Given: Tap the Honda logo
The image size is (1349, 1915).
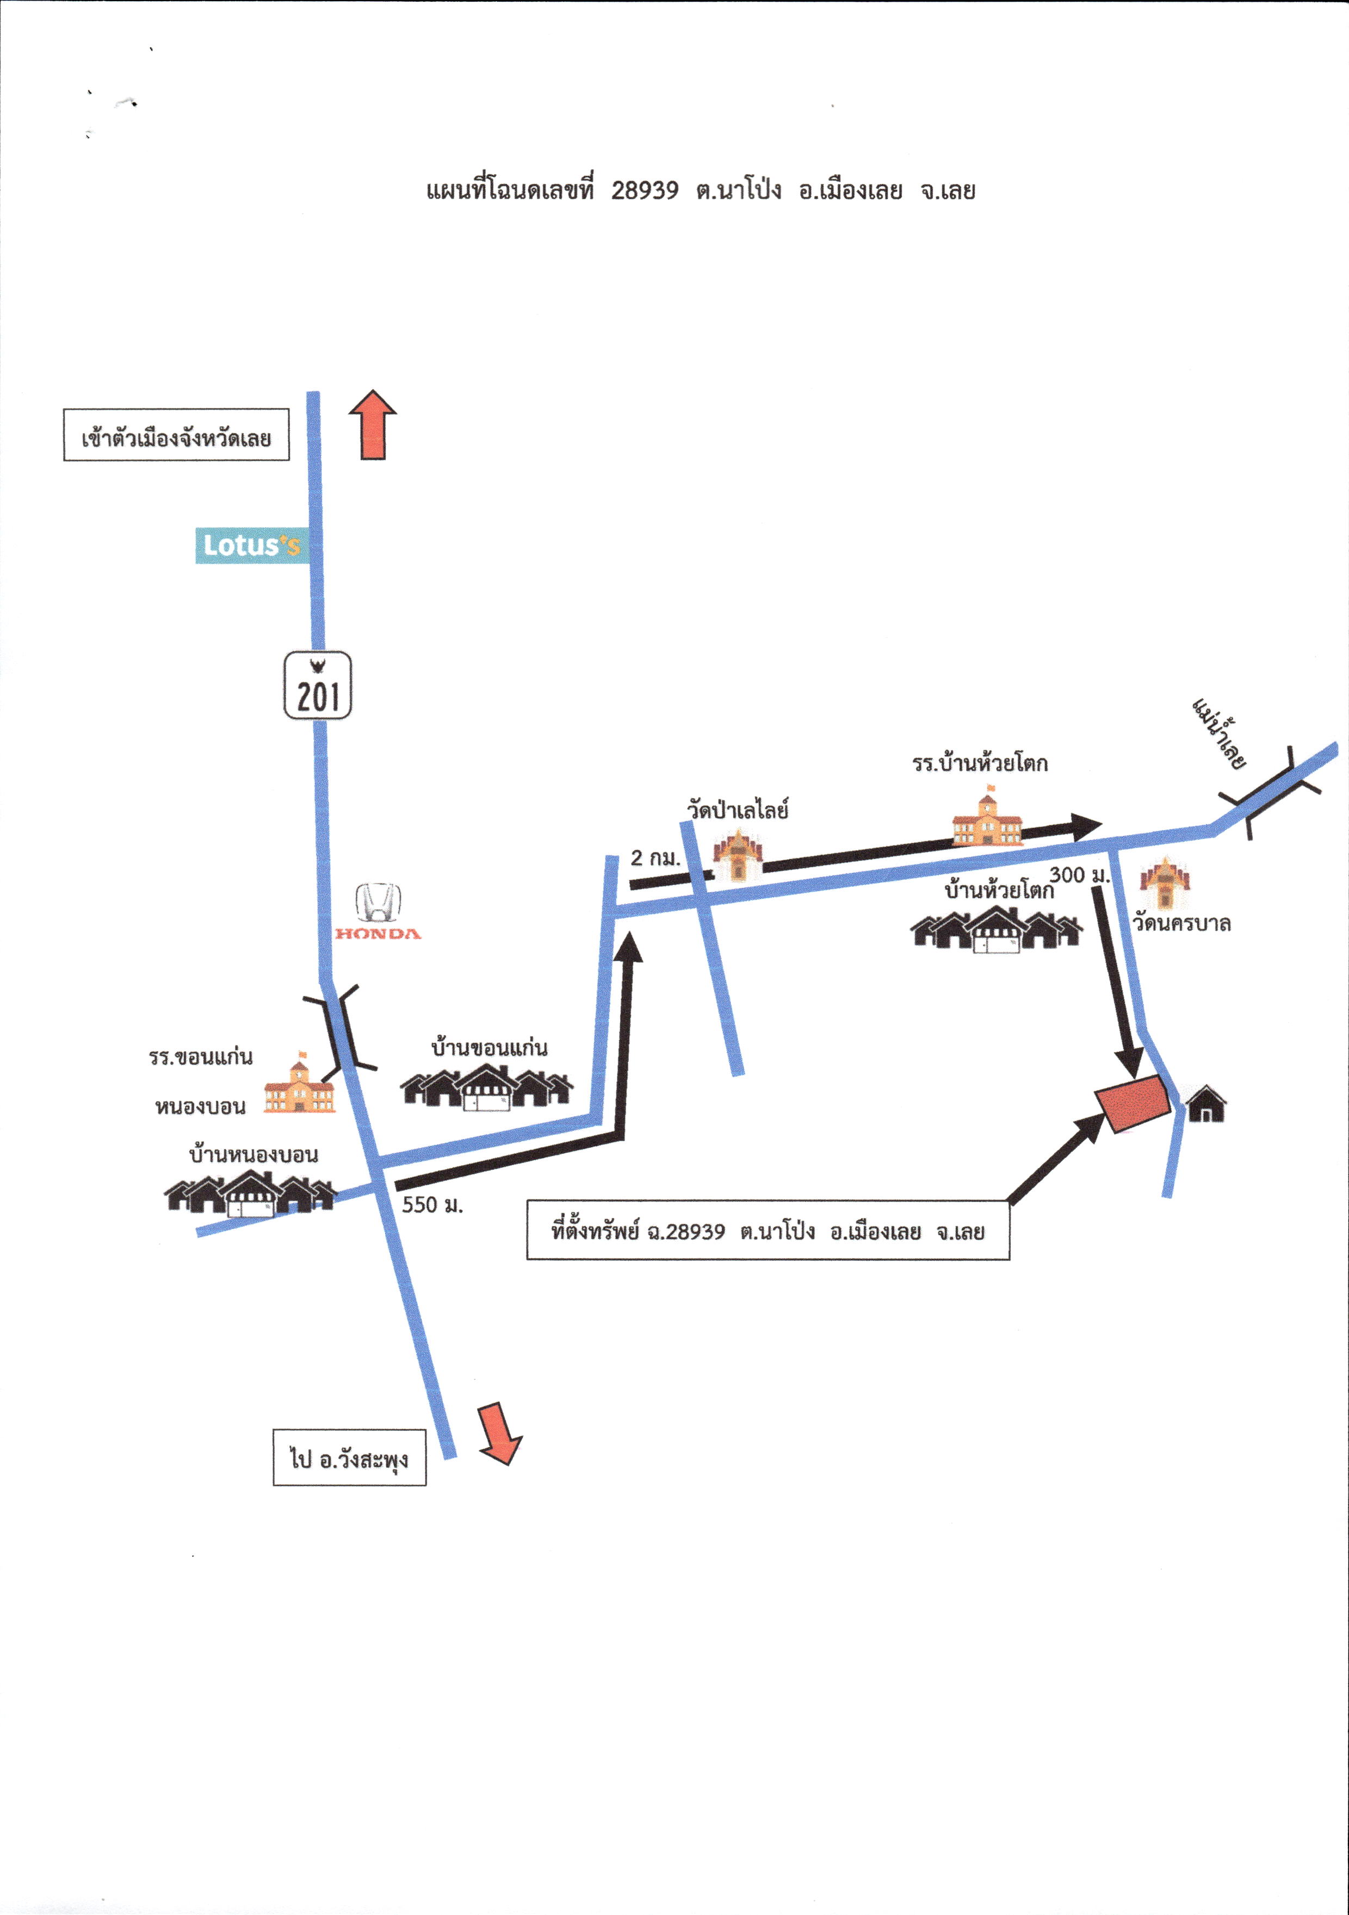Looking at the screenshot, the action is pyautogui.click(x=378, y=912).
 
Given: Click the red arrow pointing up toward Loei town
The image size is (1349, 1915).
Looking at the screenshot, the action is pyautogui.click(x=373, y=425).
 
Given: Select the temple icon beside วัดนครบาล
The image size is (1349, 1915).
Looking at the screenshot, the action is pyautogui.click(x=1165, y=884).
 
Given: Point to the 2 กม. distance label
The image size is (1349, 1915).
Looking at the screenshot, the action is pyautogui.click(x=655, y=857).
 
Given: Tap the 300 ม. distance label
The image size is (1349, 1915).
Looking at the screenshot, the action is pyautogui.click(x=1080, y=875).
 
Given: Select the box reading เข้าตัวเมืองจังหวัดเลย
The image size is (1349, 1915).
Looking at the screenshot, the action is pyautogui.click(x=176, y=434).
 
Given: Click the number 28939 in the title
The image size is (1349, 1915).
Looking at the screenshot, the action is pyautogui.click(x=645, y=191).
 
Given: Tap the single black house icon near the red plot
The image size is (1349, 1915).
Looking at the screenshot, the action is pyautogui.click(x=1206, y=1103).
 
